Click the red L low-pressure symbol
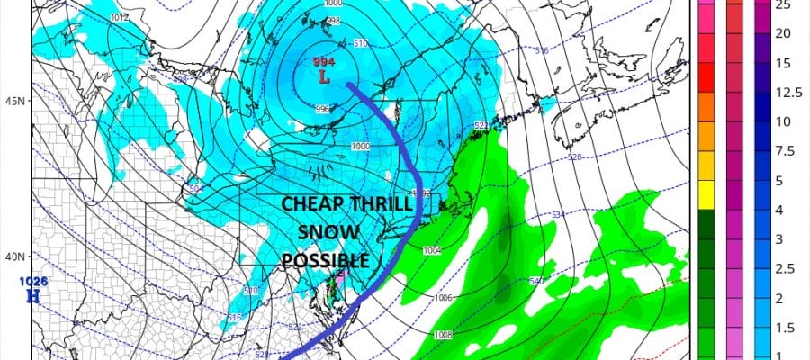click(x=323, y=77)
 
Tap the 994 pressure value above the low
click(x=323, y=62)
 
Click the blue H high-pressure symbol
click(x=34, y=294)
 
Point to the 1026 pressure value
click(x=34, y=281)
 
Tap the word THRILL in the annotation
click(x=376, y=204)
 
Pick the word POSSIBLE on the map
click(x=326, y=260)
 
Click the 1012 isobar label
click(x=118, y=16)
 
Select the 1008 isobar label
click(x=443, y=335)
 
